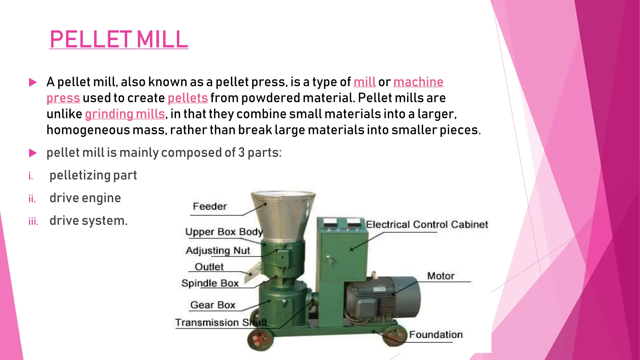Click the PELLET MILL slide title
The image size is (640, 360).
(x=119, y=39)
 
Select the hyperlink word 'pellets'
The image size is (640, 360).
(x=187, y=98)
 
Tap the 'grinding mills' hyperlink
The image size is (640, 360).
(x=125, y=114)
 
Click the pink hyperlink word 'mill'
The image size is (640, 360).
(x=364, y=82)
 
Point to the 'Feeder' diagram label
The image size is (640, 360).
(x=210, y=207)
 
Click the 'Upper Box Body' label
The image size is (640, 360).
(x=224, y=232)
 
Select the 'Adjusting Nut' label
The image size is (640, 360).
(x=218, y=251)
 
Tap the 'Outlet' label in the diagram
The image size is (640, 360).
(x=209, y=267)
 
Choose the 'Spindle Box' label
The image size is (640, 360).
(x=210, y=283)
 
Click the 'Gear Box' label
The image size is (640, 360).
(x=212, y=305)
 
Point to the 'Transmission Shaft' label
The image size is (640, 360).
(x=221, y=322)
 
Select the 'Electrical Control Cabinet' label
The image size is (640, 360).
(x=427, y=224)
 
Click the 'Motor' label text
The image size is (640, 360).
(x=441, y=276)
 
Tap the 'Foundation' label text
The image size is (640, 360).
(x=436, y=335)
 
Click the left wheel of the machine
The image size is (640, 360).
(x=260, y=340)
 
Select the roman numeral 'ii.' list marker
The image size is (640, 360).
(x=32, y=199)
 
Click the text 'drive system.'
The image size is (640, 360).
(x=88, y=221)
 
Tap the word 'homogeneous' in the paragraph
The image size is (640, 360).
(x=88, y=130)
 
